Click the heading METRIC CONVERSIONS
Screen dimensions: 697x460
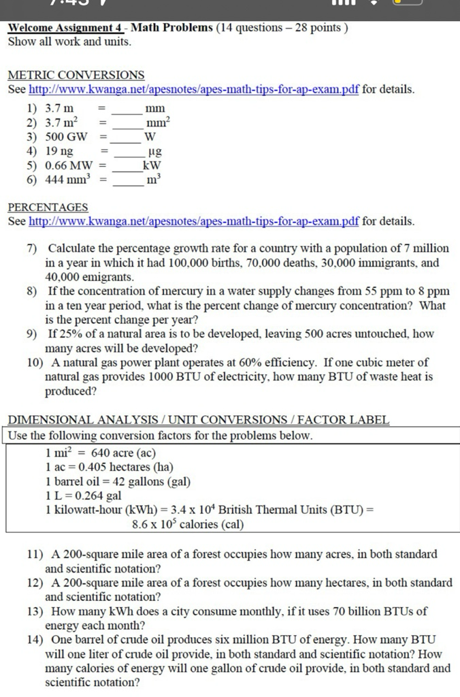pos(76,75)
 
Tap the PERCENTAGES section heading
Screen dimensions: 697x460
pos(48,207)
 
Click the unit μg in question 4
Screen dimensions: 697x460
pos(154,152)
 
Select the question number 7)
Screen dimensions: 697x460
pos(32,248)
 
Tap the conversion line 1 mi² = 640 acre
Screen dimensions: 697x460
pos(100,453)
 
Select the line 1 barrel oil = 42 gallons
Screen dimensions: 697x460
pos(117,481)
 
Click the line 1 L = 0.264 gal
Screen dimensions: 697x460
pos(83,496)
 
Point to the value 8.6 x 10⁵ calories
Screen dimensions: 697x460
pos(187,524)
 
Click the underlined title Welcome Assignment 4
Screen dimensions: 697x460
pos(65,28)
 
